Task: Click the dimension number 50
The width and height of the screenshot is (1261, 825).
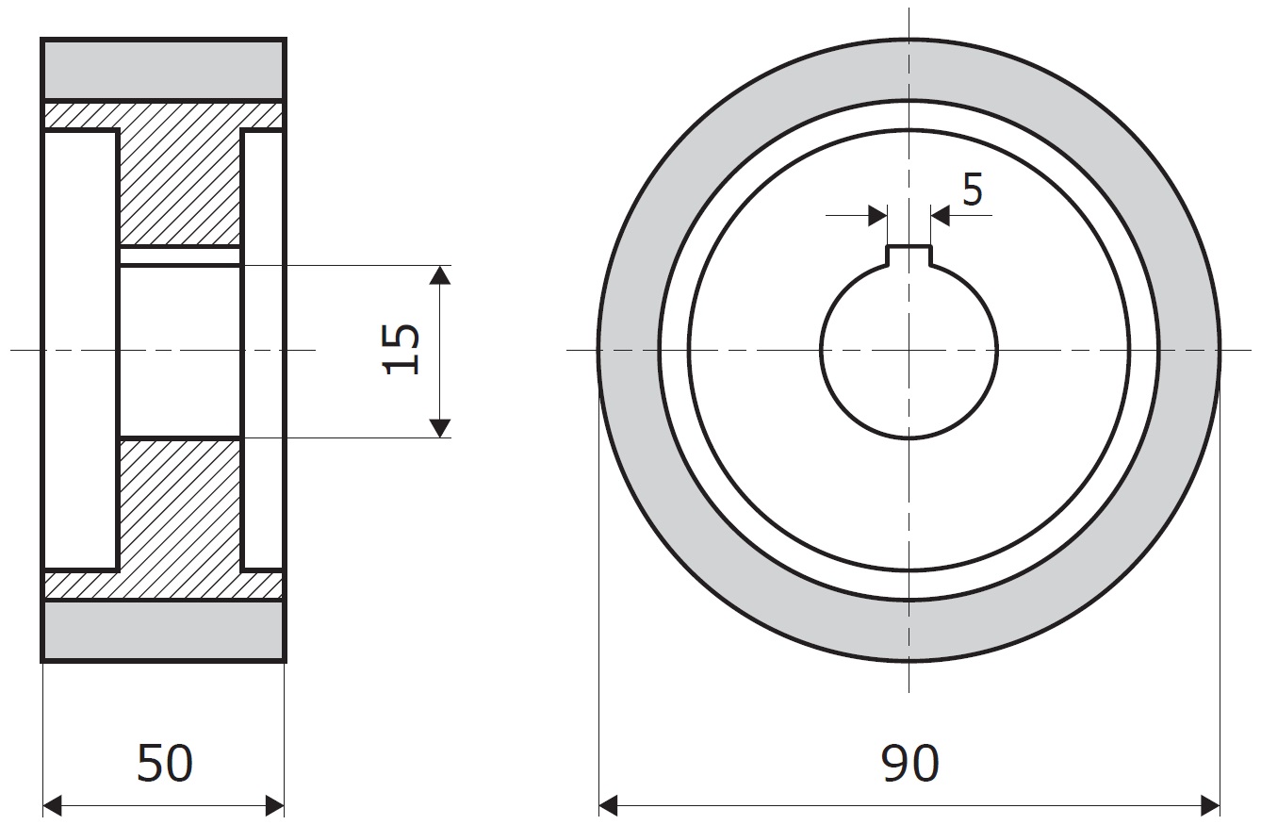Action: pos(165,763)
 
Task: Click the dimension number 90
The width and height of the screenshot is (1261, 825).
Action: pos(910,763)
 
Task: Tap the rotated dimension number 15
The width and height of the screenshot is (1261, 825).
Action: pos(401,349)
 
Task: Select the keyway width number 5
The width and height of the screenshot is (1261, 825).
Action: pos(973,190)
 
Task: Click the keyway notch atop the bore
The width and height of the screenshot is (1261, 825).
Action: pos(909,256)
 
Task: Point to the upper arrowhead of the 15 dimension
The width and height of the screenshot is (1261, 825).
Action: pos(440,274)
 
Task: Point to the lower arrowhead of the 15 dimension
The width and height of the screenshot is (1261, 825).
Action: pos(440,428)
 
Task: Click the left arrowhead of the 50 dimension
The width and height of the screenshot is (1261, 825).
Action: pos(53,806)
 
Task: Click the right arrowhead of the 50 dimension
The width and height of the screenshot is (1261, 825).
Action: pos(274,806)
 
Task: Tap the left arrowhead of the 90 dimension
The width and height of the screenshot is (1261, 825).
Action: pos(608,806)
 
